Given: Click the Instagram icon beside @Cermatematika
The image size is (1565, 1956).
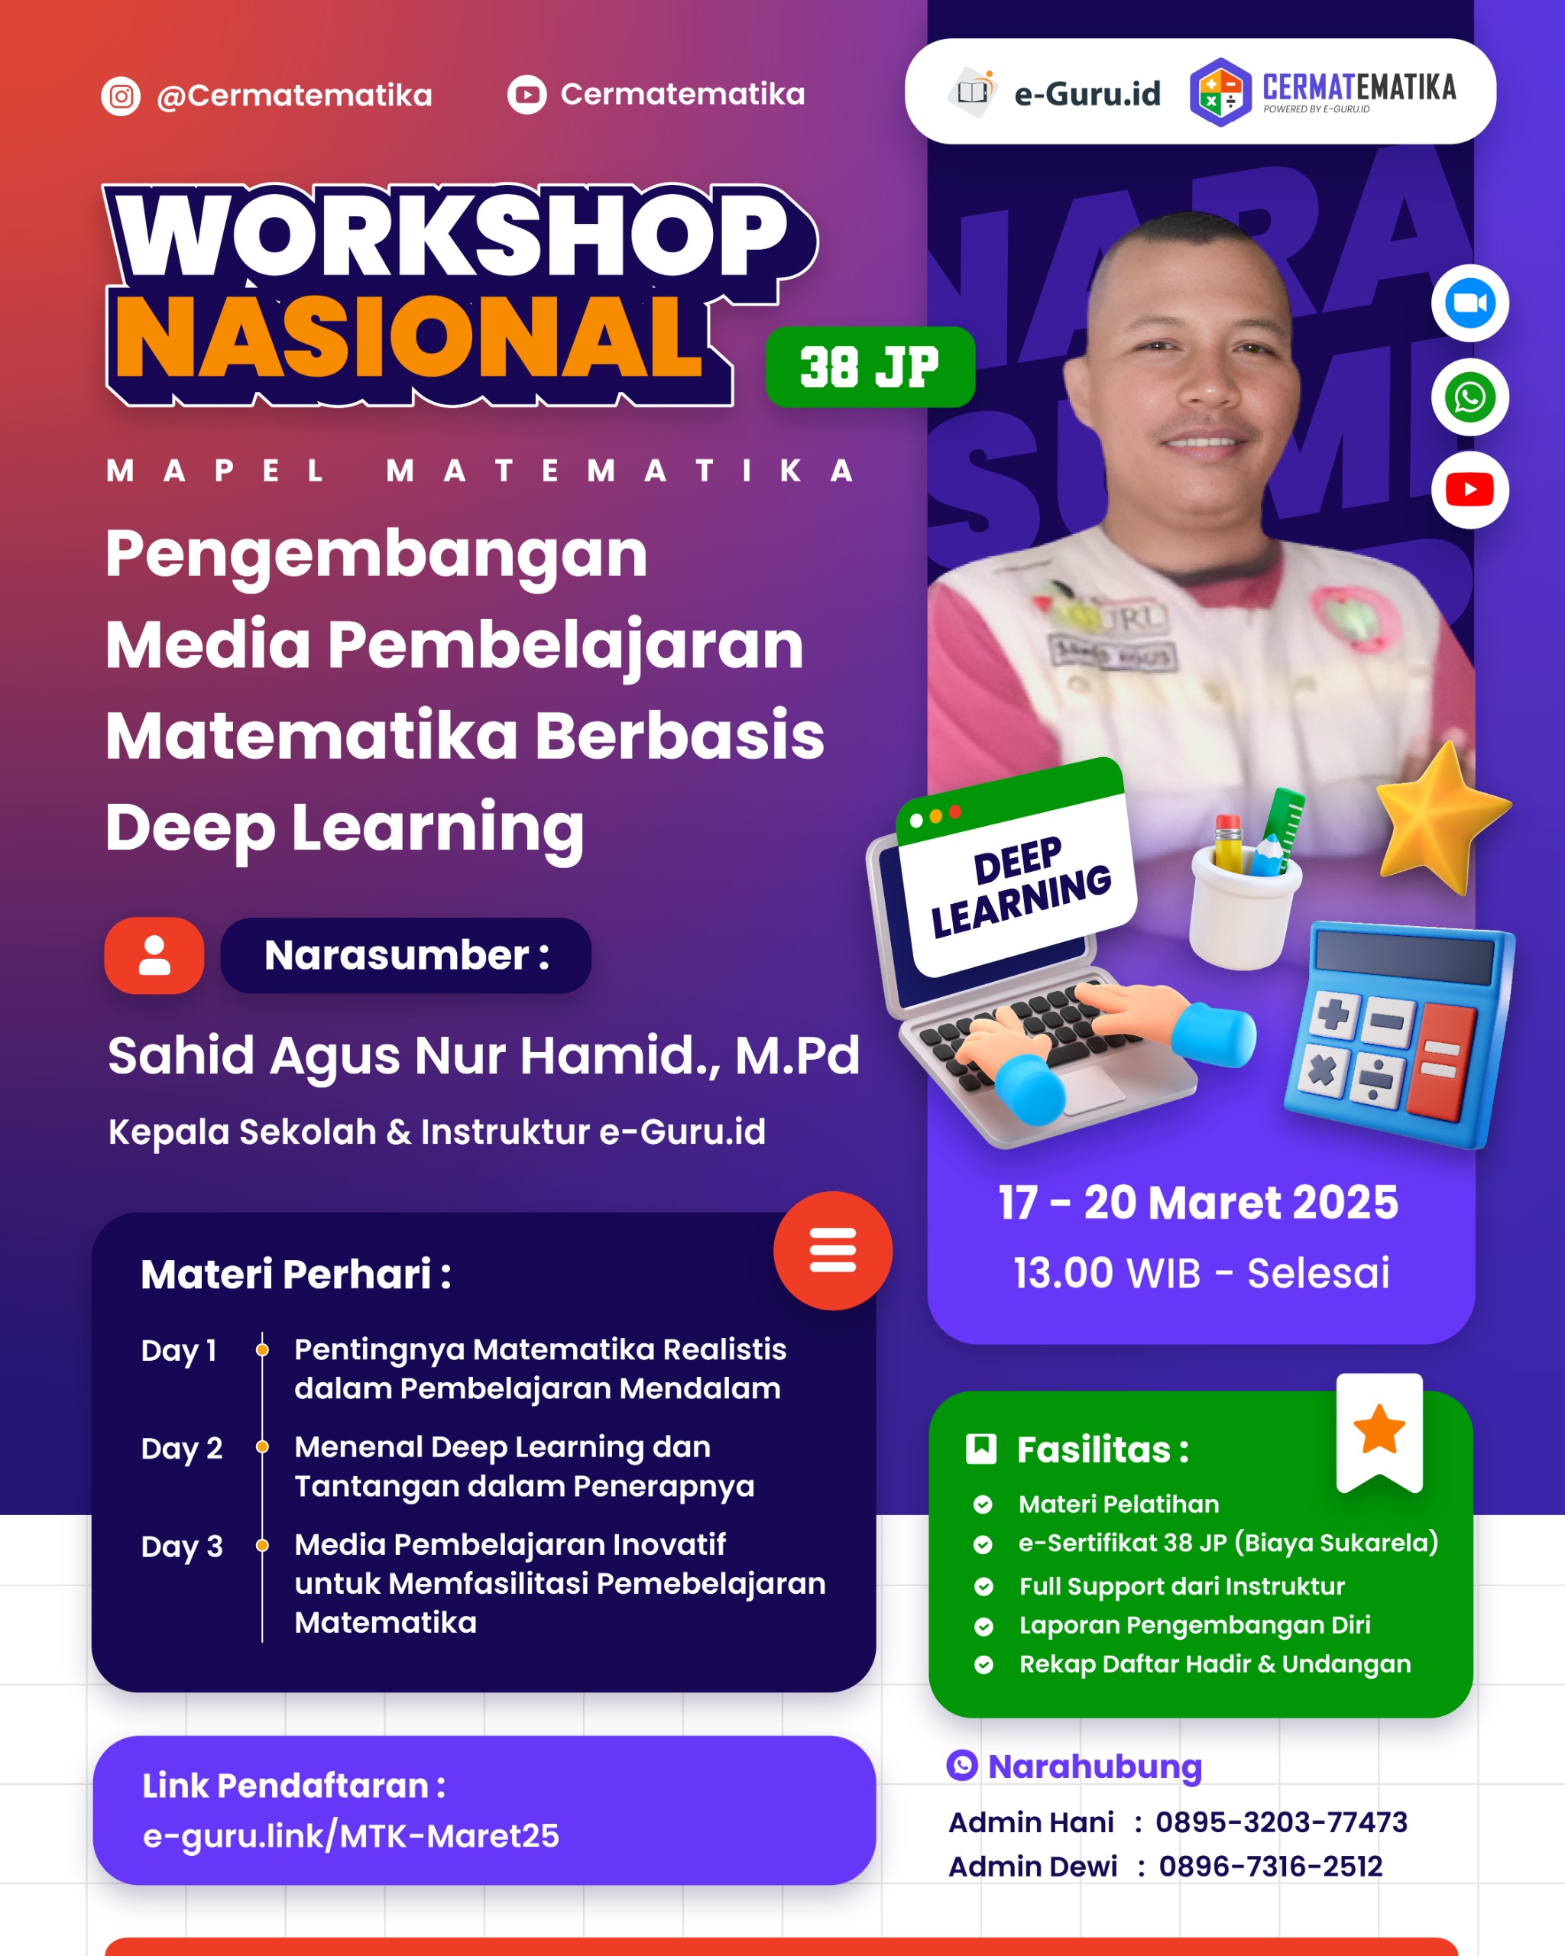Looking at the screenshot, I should [121, 96].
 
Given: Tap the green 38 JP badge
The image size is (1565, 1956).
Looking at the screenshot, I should [869, 367].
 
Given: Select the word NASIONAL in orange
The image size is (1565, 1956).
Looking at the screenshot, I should [408, 338].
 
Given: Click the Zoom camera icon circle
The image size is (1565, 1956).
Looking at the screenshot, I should [1469, 303].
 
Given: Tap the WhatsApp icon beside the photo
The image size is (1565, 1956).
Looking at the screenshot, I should [1469, 397].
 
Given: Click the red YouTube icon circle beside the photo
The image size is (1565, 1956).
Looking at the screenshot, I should [1469, 490].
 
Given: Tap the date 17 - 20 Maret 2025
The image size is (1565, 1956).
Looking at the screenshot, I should [1197, 1203].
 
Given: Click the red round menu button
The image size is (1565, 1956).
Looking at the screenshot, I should [832, 1250].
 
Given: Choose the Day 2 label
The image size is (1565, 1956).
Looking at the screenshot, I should [181, 1448].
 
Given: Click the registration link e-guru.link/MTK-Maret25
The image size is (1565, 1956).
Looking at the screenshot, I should [351, 1835].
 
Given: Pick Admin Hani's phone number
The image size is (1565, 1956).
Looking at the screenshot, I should [1280, 1822].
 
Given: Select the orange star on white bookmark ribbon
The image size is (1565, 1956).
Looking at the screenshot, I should [1379, 1429].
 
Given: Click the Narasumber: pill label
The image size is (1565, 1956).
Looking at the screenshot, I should [406, 955].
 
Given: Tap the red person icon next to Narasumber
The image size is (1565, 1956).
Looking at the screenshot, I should [154, 955].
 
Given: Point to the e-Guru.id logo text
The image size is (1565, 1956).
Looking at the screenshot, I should [1086, 92].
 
